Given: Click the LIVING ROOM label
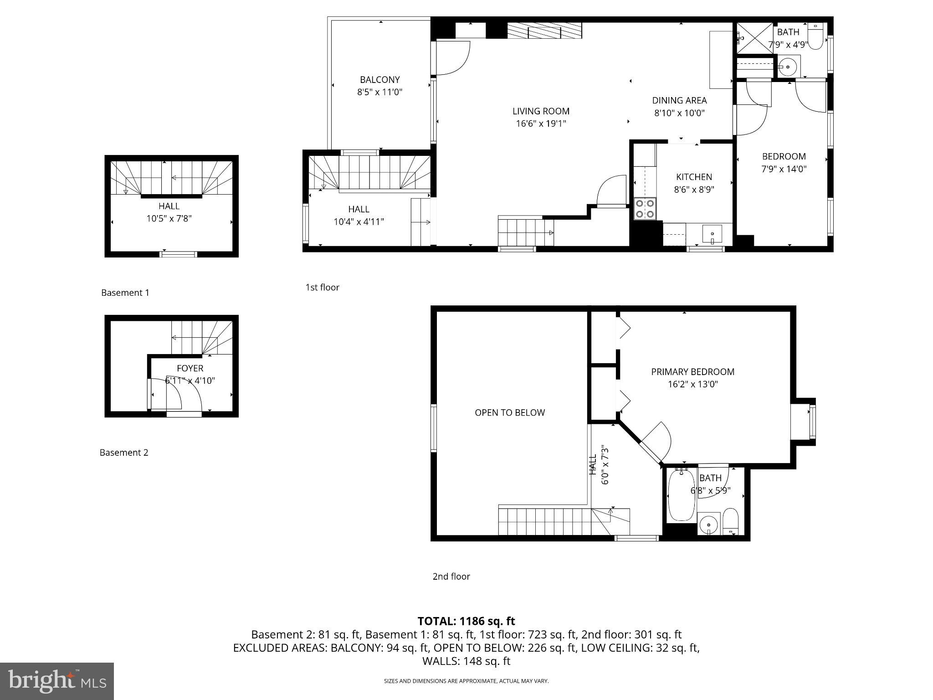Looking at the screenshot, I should click(541, 111).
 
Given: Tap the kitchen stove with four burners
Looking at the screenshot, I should click(645, 209).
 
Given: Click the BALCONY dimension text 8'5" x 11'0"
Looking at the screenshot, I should click(379, 92).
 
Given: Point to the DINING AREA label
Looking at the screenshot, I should click(679, 100).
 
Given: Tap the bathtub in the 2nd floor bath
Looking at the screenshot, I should click(681, 496).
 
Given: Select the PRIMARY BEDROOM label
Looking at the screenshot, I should click(692, 372).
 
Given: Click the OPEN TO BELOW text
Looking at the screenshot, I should click(510, 413).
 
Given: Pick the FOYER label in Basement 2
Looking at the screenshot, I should click(190, 368).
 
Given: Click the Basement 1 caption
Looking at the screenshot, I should click(125, 293).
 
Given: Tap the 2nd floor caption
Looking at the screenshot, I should click(451, 576).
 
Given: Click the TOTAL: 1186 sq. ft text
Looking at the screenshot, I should click(466, 621).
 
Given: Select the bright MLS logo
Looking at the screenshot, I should click(57, 681).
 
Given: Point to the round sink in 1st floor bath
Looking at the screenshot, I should click(788, 67).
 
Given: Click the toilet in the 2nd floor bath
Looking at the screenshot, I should click(730, 521).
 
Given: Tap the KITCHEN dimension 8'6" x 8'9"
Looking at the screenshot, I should click(694, 189).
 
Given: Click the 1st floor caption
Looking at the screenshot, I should click(322, 288).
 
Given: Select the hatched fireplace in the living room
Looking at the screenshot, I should click(544, 31).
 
